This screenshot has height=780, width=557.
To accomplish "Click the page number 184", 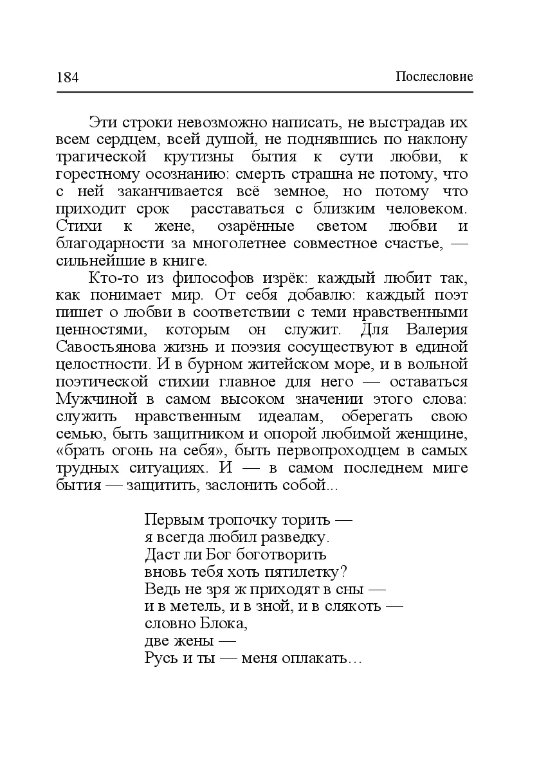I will click(x=67, y=78).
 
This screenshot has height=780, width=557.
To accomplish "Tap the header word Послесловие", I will click(x=434, y=77).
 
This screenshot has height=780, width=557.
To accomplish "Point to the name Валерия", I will click(x=437, y=331).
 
